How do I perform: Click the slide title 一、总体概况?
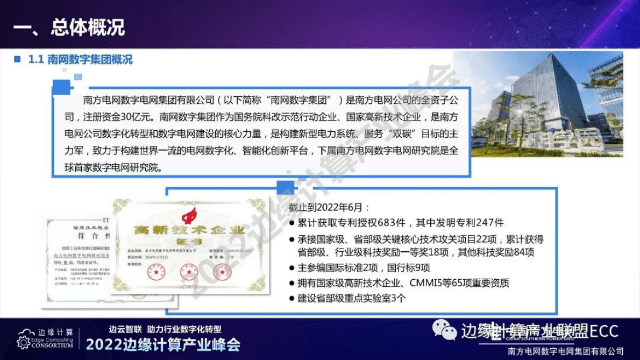tap(69, 27)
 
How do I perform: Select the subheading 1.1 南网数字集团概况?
tap(80, 60)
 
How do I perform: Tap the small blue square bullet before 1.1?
tap(17, 59)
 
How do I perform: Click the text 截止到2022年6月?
tap(329, 207)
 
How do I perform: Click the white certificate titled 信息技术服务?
tap(75, 258)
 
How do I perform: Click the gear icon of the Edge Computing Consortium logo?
tap(23, 342)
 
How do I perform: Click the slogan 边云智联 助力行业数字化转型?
tap(165, 329)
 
